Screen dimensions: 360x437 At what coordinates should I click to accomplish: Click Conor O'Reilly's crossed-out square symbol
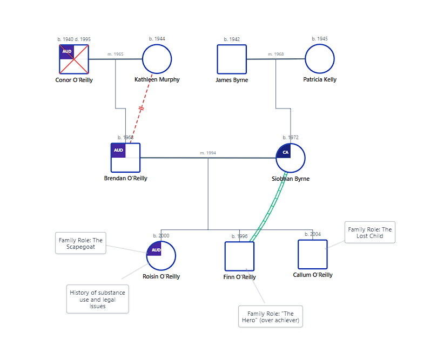click(x=74, y=59)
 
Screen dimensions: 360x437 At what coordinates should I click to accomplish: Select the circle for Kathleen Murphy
click(x=157, y=59)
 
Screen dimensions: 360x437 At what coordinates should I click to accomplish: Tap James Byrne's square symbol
click(x=232, y=59)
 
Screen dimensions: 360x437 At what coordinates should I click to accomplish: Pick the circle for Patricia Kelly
click(x=319, y=59)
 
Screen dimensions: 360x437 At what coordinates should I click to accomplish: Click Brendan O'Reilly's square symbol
click(x=125, y=158)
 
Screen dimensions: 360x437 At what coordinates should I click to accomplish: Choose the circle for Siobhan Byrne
click(x=291, y=158)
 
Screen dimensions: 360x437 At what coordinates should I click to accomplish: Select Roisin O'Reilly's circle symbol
click(x=161, y=255)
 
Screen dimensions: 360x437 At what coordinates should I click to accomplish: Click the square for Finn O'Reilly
click(x=239, y=256)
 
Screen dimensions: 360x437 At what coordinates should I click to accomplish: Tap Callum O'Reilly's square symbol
click(x=312, y=254)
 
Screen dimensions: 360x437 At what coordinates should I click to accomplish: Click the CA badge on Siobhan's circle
click(x=285, y=152)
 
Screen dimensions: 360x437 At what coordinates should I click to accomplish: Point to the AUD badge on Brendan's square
click(x=118, y=150)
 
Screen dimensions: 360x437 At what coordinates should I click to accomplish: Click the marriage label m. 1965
click(x=115, y=54)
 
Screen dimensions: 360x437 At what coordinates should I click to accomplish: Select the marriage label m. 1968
click(x=275, y=54)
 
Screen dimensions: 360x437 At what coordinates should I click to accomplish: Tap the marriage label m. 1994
click(x=208, y=153)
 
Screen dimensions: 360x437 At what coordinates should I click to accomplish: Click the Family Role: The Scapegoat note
click(x=80, y=243)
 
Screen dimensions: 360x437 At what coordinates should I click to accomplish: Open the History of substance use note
click(x=98, y=299)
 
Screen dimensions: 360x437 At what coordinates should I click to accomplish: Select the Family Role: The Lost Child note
click(x=369, y=232)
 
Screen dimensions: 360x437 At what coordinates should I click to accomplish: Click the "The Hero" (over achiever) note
click(x=270, y=316)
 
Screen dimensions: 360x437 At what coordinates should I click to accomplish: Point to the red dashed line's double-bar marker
click(x=142, y=108)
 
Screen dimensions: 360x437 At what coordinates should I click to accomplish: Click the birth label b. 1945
click(x=319, y=39)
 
